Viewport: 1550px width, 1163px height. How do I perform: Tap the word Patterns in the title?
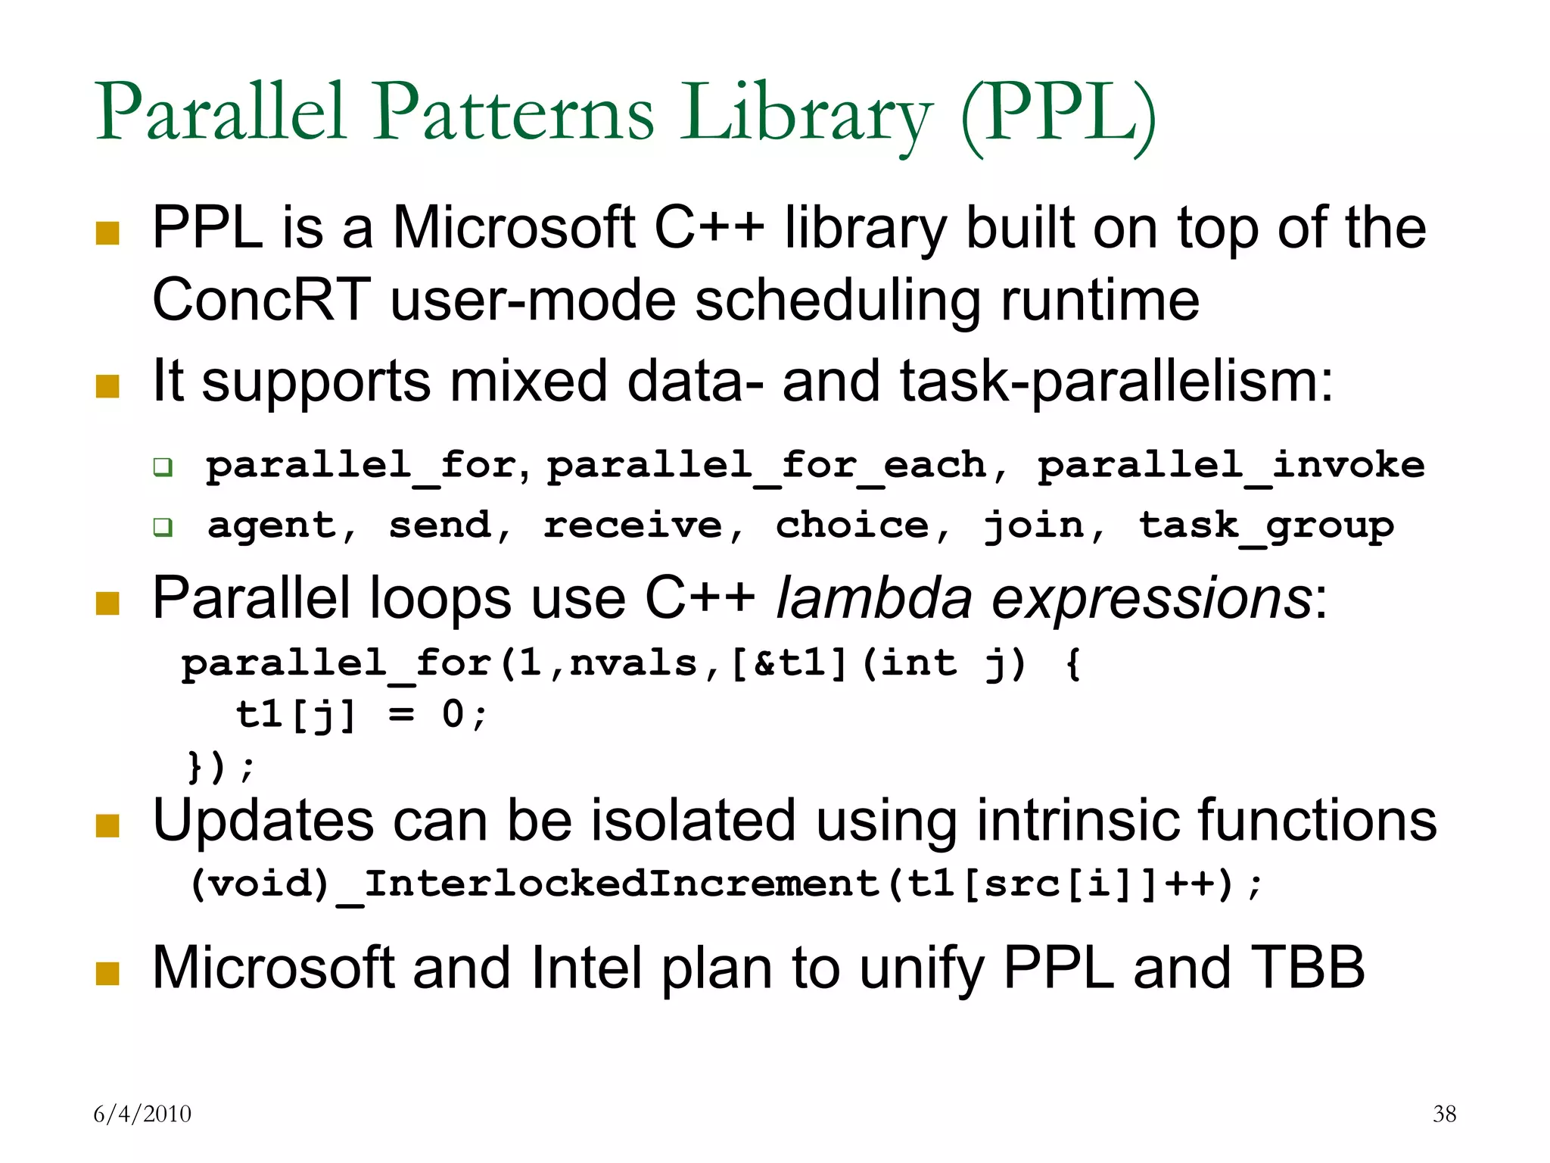pos(512,114)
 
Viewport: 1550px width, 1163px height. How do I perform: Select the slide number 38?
pos(1444,1114)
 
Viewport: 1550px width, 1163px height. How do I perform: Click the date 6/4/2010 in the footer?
pos(142,1114)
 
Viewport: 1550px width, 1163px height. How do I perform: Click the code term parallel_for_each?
pos(767,466)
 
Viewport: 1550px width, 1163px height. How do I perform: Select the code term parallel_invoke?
pos(1231,466)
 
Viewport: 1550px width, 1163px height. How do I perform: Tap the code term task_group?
pos(1266,526)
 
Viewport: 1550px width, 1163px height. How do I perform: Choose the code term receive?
pos(633,525)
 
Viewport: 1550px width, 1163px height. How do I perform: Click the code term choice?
pos(852,525)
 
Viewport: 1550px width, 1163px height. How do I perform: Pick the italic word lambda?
pos(873,598)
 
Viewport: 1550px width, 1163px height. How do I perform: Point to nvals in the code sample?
pos(633,664)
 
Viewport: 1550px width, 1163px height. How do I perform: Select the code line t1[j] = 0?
pos(362,715)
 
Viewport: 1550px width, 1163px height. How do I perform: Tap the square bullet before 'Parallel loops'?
pos(108,603)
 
